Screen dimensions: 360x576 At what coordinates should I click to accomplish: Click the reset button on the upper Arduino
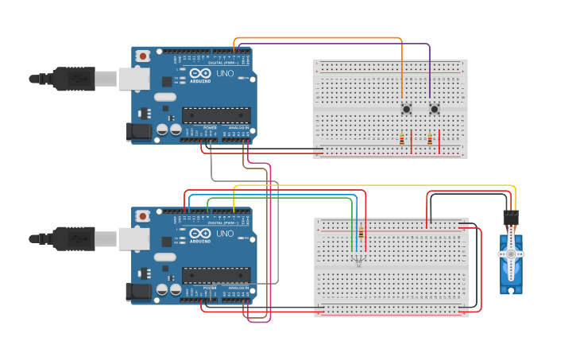pyautogui.click(x=142, y=56)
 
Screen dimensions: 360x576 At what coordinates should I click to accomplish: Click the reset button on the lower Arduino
pyautogui.click(x=142, y=216)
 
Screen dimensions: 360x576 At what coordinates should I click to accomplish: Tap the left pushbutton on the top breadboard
pyautogui.click(x=406, y=109)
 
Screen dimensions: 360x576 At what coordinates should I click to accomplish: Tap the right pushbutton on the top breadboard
pyautogui.click(x=434, y=109)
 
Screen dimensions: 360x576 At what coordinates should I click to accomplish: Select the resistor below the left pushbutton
pyautogui.click(x=402, y=140)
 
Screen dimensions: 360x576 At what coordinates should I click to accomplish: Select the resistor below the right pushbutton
pyautogui.click(x=430, y=140)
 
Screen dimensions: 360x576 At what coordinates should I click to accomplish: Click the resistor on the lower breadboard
pyautogui.click(x=362, y=233)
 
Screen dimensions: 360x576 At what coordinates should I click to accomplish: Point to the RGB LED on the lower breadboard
pyautogui.click(x=358, y=259)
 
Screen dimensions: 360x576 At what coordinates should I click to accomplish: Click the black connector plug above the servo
pyautogui.click(x=511, y=217)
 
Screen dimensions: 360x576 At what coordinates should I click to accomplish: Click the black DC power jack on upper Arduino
pyautogui.click(x=139, y=132)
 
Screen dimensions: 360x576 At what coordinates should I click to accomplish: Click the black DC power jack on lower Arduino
pyautogui.click(x=139, y=292)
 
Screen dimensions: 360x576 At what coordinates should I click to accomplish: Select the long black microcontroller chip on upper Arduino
pyautogui.click(x=216, y=115)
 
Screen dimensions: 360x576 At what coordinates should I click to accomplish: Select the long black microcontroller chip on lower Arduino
pyautogui.click(x=216, y=275)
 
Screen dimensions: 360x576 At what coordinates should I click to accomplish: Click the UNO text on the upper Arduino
pyautogui.click(x=224, y=74)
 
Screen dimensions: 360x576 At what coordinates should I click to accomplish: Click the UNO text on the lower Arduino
pyautogui.click(x=224, y=234)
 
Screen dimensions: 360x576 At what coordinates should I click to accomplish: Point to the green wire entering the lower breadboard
pyautogui.click(x=352, y=230)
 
